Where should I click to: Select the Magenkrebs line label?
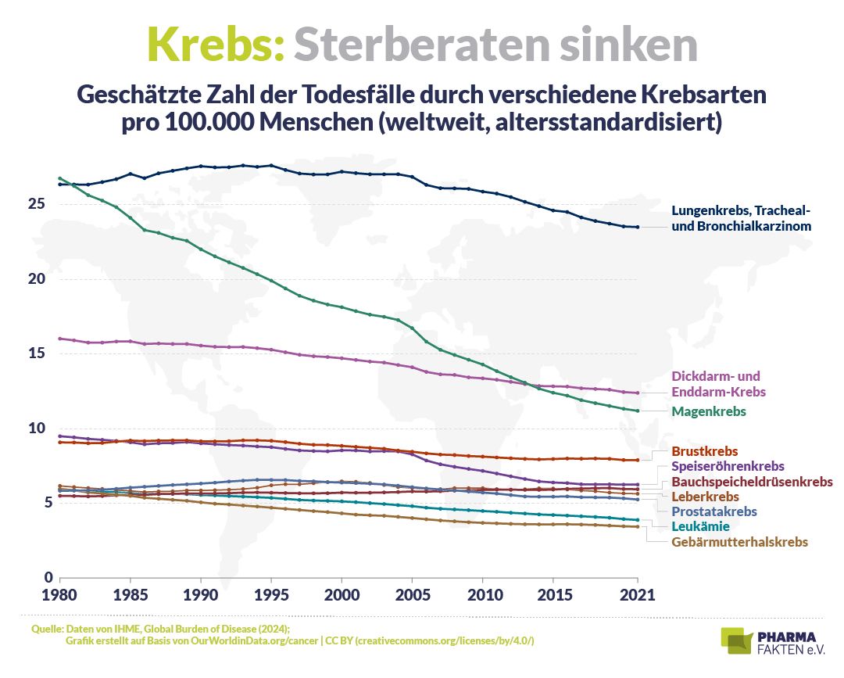(x=709, y=411)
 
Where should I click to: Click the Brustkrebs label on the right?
(x=705, y=452)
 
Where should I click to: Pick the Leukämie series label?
(x=700, y=526)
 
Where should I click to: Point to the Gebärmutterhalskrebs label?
(x=739, y=542)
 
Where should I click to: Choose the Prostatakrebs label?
(x=714, y=511)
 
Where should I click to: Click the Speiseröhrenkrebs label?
(x=728, y=467)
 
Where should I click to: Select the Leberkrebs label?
(x=705, y=497)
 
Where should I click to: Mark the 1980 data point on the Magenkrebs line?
(x=60, y=178)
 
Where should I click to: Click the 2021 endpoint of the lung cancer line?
(x=637, y=227)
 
